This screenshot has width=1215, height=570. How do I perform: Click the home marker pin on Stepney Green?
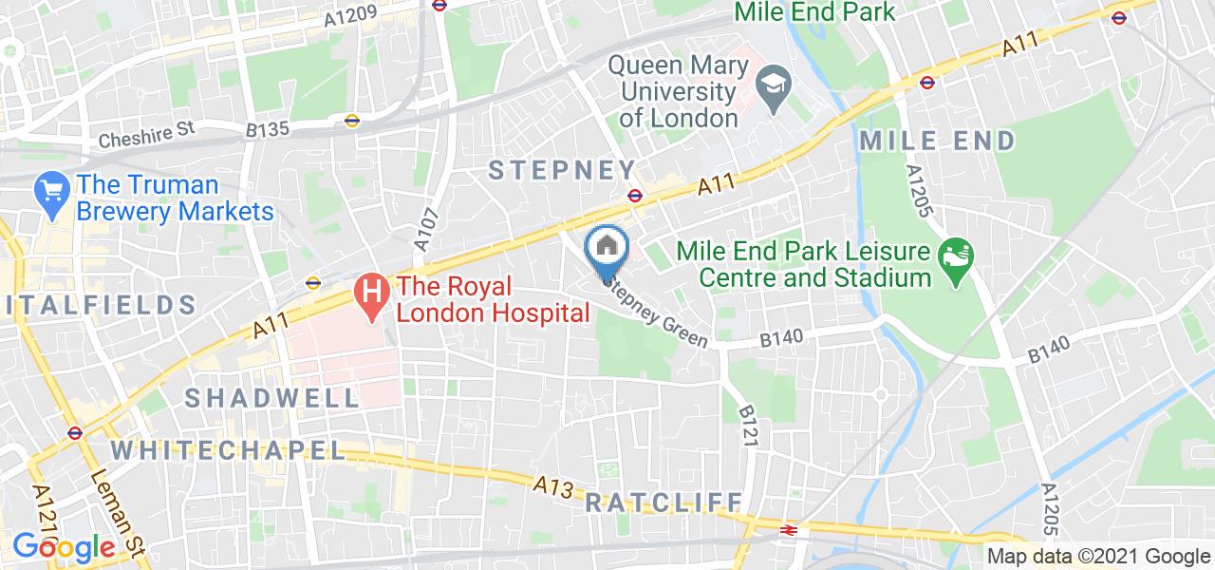607,249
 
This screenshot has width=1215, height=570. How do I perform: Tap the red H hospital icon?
371,294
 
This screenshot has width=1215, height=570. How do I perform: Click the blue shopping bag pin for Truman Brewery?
50,193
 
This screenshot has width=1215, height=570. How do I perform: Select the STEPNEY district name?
562,170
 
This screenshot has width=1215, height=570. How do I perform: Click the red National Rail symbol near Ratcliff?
787,530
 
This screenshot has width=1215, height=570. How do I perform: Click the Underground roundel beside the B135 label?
352,121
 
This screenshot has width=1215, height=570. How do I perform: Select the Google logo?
64,546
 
